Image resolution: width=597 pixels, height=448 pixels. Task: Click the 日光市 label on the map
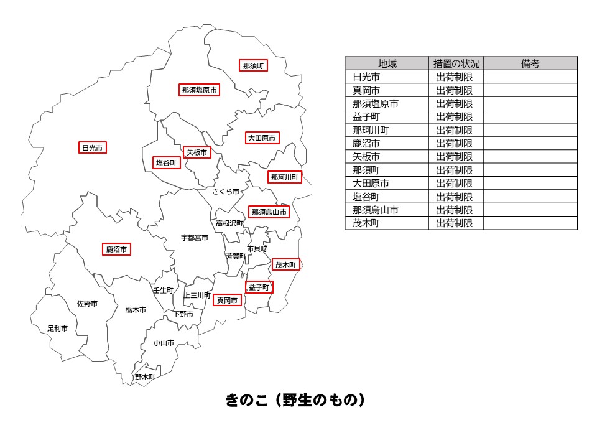click(92, 148)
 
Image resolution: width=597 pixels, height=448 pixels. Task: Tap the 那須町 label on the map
click(253, 65)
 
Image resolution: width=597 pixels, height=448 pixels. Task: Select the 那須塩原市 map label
click(200, 90)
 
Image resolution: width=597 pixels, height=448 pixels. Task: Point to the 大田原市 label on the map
click(262, 138)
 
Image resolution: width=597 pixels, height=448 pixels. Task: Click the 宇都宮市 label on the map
click(195, 238)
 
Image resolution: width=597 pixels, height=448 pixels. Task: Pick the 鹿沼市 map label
click(117, 250)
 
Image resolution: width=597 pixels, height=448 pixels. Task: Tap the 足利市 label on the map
click(58, 328)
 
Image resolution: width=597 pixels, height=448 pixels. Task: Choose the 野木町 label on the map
click(145, 377)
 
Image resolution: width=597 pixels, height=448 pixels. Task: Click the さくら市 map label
click(226, 192)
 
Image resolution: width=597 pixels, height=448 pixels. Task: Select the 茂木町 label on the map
click(286, 265)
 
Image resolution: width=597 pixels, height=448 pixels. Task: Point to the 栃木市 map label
click(136, 309)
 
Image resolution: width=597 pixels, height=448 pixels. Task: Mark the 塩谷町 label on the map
click(167, 163)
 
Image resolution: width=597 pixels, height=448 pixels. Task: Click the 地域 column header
click(387, 63)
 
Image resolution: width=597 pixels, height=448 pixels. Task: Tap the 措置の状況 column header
click(456, 63)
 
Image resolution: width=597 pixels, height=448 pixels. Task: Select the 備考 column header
click(530, 63)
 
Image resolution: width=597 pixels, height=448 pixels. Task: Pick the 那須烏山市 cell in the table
click(375, 210)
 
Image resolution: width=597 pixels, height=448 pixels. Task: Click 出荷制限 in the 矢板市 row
click(455, 157)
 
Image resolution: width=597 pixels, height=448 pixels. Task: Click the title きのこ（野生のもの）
click(295, 400)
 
